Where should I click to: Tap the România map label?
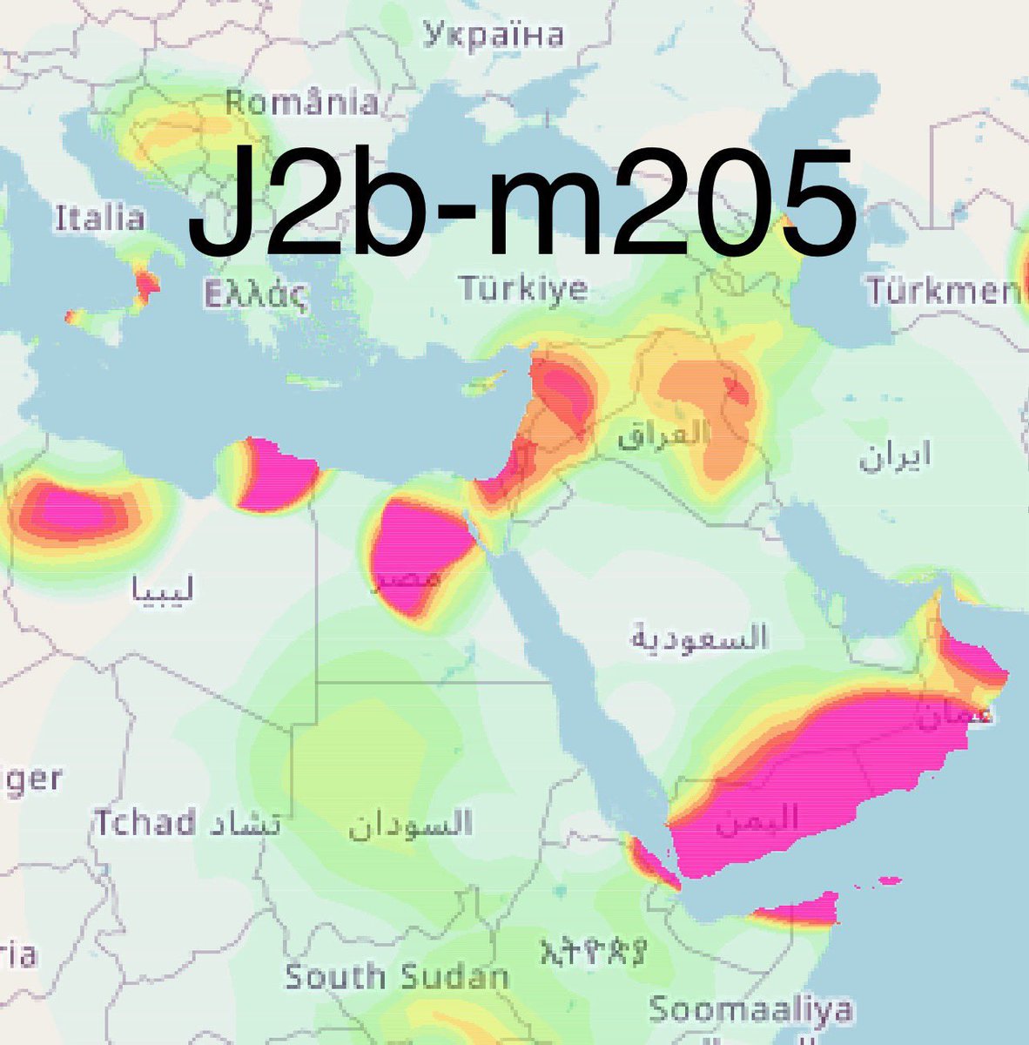tap(301, 103)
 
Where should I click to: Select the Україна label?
tap(494, 35)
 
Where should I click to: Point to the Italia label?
tap(99, 218)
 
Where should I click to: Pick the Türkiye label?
tap(524, 288)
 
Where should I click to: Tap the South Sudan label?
tap(397, 976)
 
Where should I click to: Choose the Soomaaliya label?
tap(750, 1010)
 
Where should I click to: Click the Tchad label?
tap(145, 822)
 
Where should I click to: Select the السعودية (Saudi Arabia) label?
tap(699, 638)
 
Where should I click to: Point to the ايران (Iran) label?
tap(895, 455)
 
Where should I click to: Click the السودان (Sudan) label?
tap(411, 824)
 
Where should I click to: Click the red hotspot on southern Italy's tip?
tap(146, 283)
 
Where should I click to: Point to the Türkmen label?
tap(945, 290)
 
